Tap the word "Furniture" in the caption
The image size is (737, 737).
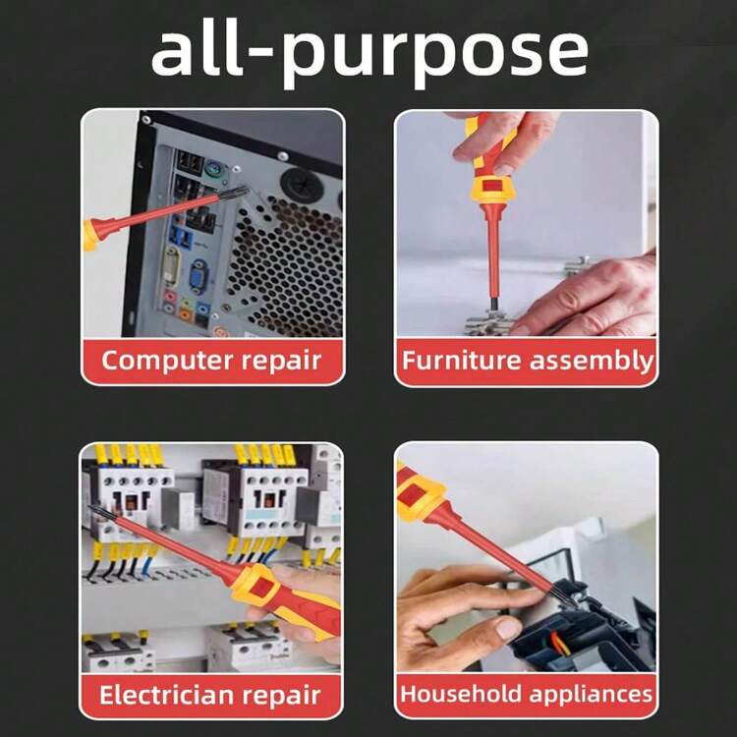[x=461, y=361]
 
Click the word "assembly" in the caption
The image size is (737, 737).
[x=592, y=362]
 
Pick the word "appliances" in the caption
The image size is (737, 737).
[x=592, y=695]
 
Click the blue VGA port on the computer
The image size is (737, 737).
[x=198, y=276]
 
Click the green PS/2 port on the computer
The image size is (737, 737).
[x=214, y=169]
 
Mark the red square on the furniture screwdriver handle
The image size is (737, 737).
[x=491, y=185]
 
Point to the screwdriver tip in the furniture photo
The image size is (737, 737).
[x=493, y=307]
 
